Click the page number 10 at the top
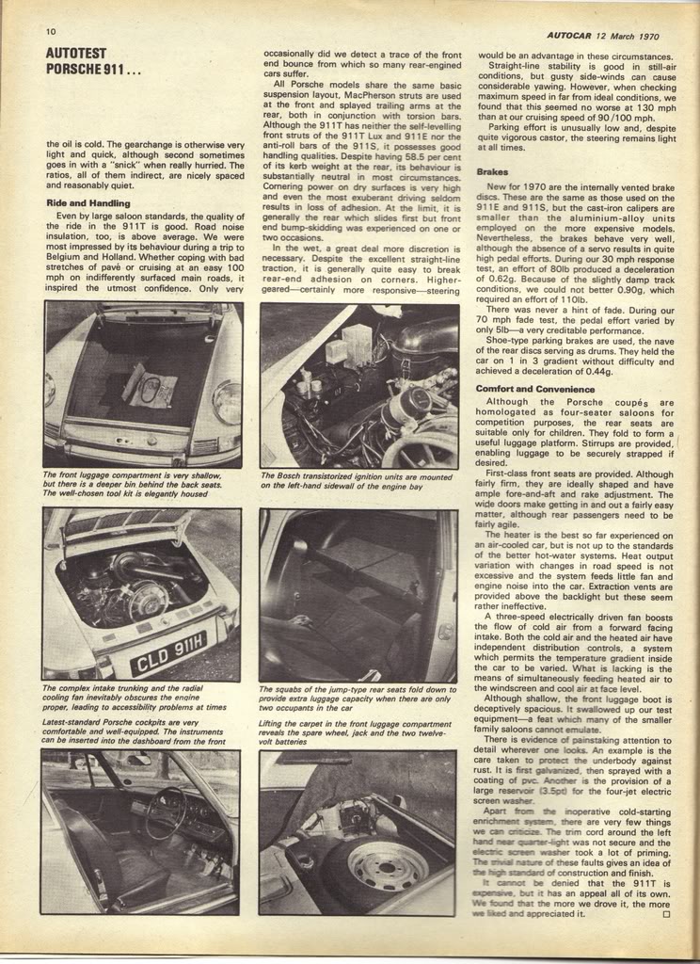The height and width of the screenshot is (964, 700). coord(51,31)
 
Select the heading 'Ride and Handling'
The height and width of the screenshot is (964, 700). coord(88,202)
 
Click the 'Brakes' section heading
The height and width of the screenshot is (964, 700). coord(492,172)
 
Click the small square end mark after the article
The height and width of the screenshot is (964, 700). coord(666,913)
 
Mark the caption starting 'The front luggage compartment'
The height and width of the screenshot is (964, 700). coord(139,486)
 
